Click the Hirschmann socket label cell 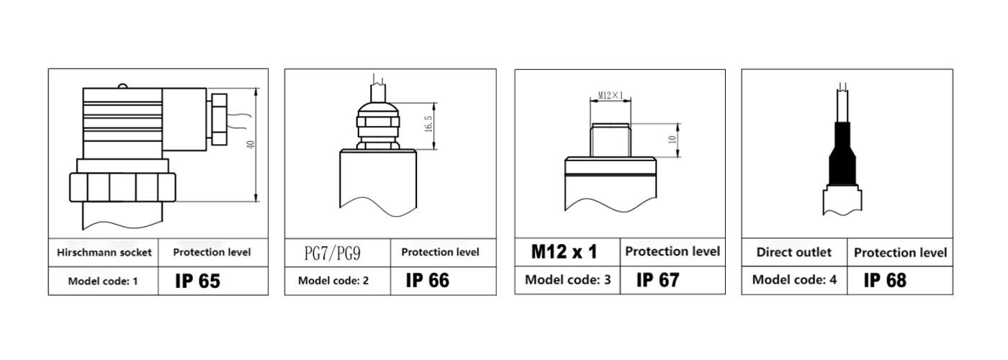click(104, 253)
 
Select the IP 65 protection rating click(197, 282)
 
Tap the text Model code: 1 click(102, 282)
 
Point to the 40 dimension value click(251, 145)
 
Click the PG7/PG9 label click(333, 253)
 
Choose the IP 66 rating click(428, 280)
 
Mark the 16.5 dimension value click(428, 124)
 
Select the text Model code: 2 click(333, 281)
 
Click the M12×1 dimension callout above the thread click(611, 95)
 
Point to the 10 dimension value click(672, 140)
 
